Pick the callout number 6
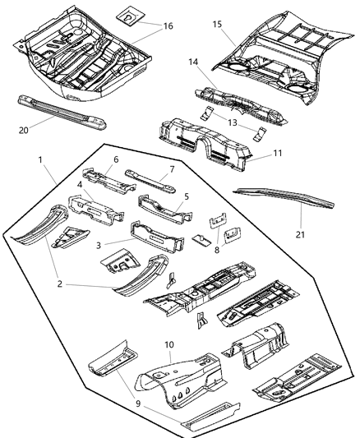[116, 159]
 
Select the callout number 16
[168, 26]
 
